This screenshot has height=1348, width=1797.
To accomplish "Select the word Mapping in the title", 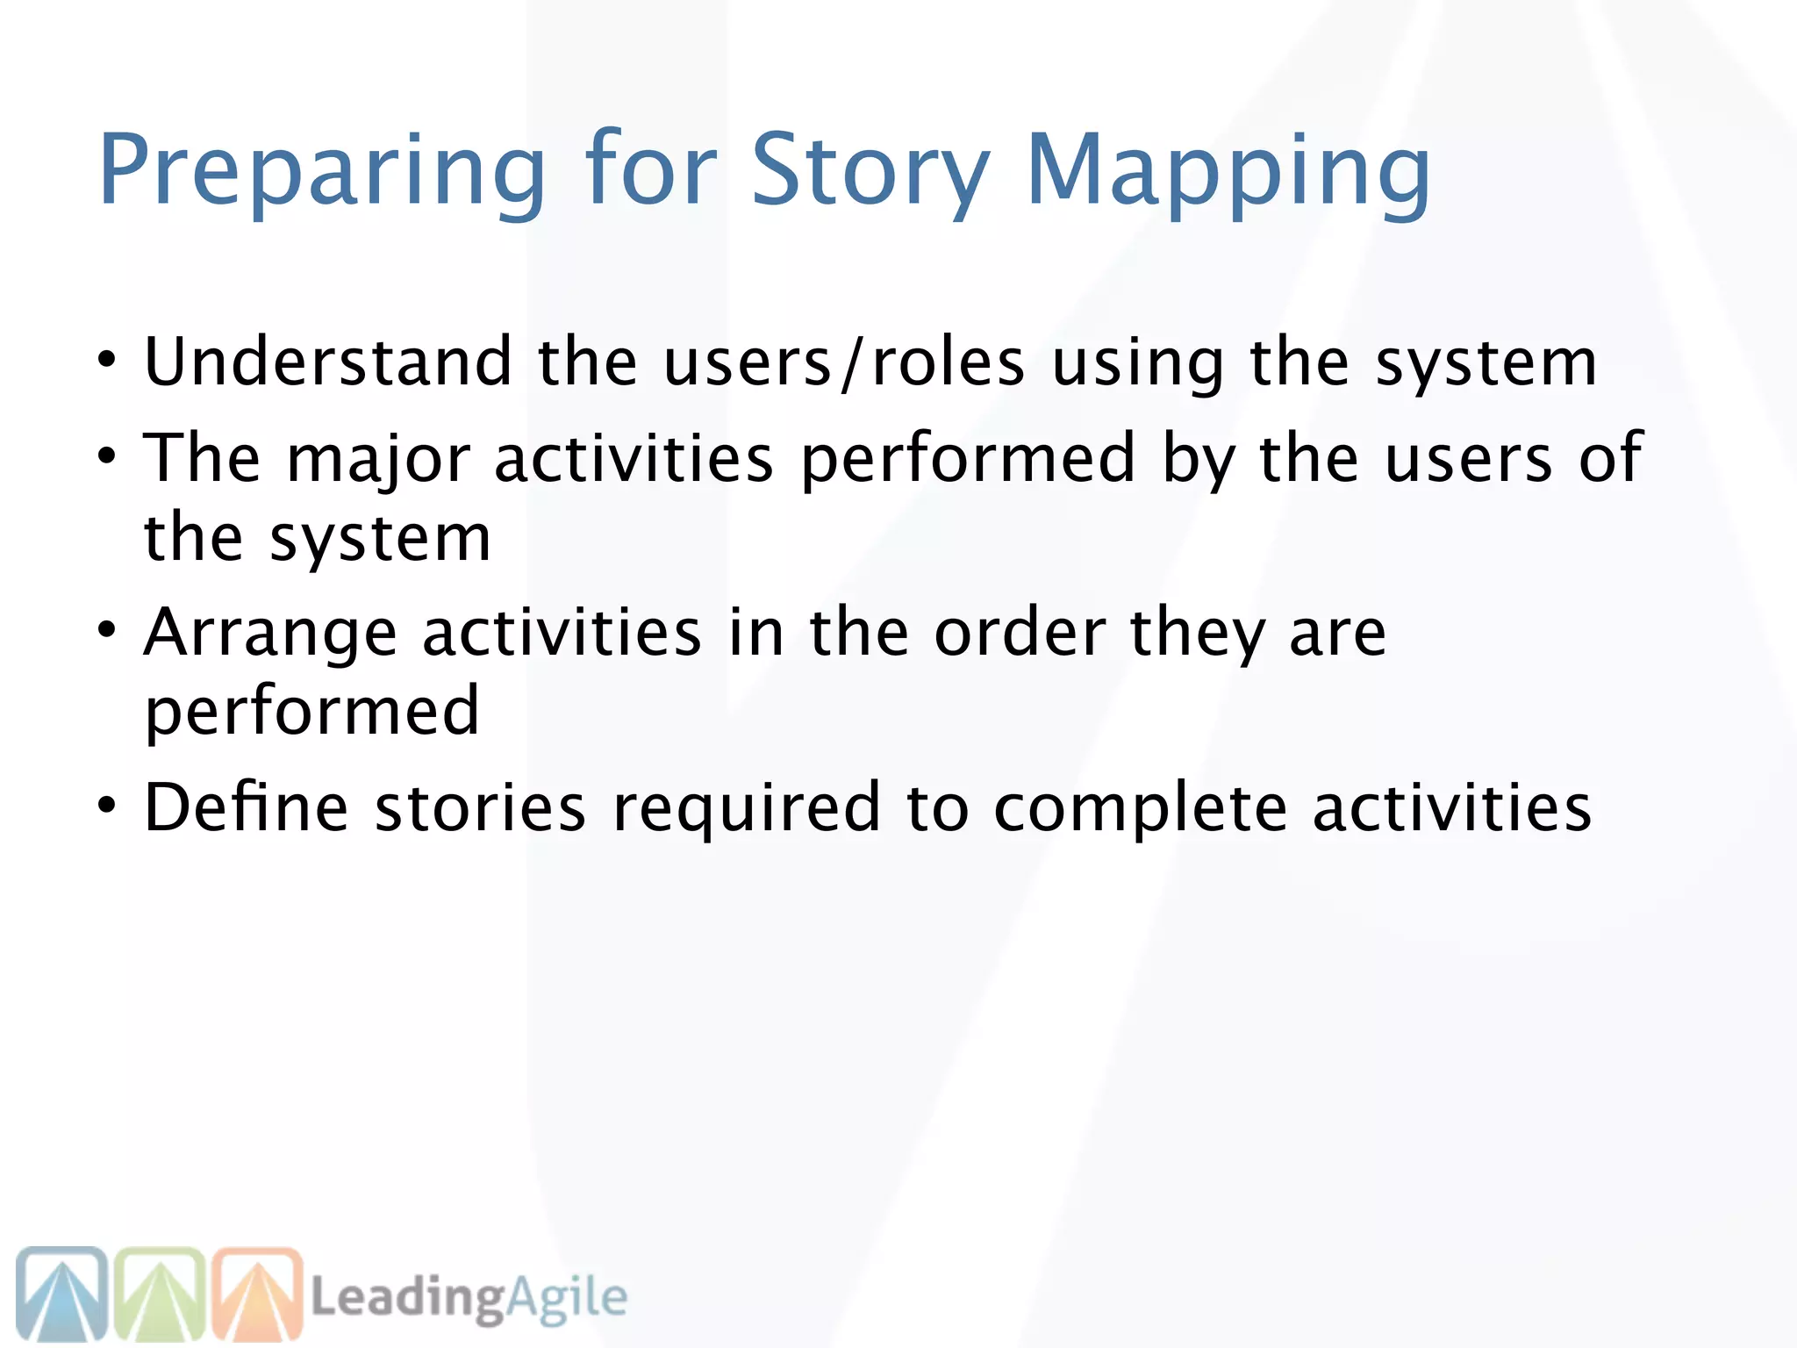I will pos(1228,171).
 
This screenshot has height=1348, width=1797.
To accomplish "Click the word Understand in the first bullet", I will pos(328,362).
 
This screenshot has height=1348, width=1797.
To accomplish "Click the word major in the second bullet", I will pos(378,459).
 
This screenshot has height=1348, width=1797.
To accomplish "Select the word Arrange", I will pos(270,634).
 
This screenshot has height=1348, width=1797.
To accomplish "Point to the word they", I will pos(1198,634).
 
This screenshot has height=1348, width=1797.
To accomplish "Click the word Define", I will pos(246,807).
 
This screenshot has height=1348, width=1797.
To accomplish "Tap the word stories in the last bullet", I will pos(480,807).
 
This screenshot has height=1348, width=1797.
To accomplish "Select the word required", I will pos(746,808).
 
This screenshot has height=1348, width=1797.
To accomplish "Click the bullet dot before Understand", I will pos(106,360).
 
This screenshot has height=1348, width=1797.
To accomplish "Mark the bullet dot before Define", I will pos(106,805).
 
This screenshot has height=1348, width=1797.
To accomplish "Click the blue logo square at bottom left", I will pos(61,1294).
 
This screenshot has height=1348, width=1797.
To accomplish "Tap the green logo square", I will pos(160,1294).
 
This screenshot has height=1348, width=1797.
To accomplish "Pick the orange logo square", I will pos(258,1294).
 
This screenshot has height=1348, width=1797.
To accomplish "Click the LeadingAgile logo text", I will pos(469,1297).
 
